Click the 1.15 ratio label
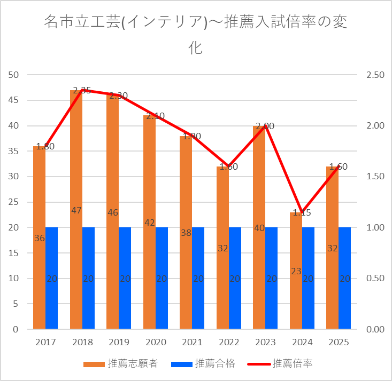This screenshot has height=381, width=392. pyautogui.click(x=301, y=212)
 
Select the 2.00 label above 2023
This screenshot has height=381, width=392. pyautogui.click(x=265, y=126)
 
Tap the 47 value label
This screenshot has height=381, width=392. pyautogui.click(x=76, y=210)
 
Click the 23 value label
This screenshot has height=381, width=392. pyautogui.click(x=296, y=271)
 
